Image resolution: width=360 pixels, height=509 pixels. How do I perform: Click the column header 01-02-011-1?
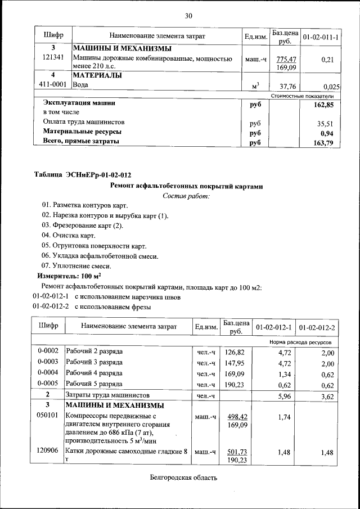coord(319,37)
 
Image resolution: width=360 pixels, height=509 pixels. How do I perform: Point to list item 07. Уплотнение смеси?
coord(76,266)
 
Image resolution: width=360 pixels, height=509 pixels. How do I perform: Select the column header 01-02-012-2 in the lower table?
coord(317,327)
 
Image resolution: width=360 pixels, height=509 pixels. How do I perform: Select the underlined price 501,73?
coord(238,452)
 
